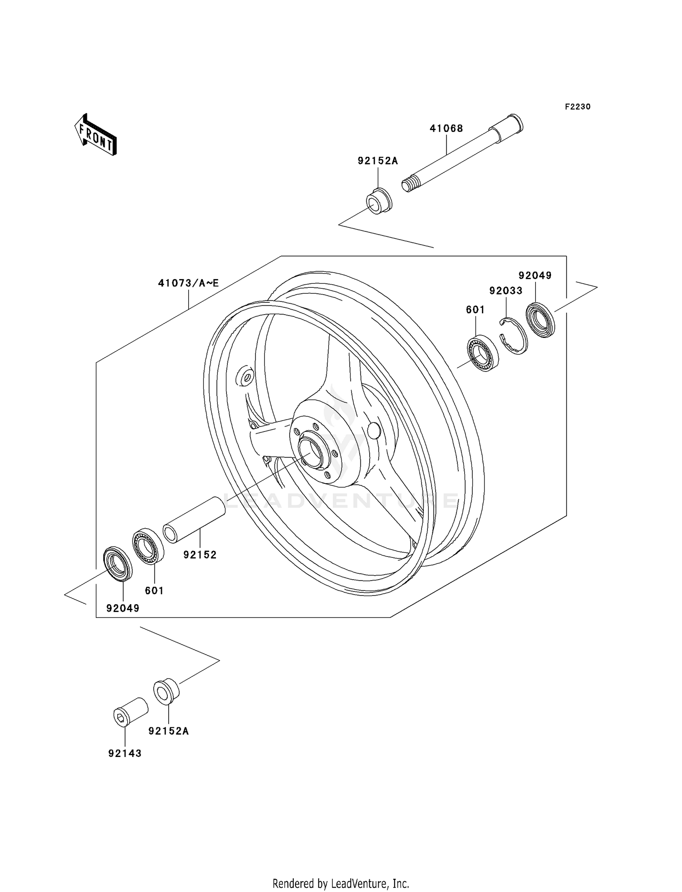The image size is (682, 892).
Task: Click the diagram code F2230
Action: point(577,107)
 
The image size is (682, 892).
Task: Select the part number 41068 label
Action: point(446,129)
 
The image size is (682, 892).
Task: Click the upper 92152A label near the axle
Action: point(377,161)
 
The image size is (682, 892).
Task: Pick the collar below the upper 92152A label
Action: point(379,201)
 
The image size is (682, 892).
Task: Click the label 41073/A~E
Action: point(188,283)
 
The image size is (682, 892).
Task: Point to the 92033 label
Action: point(506,291)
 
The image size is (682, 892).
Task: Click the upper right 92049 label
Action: point(535,276)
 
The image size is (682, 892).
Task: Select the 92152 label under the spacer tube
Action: point(200,555)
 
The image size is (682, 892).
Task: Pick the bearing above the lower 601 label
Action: point(148,546)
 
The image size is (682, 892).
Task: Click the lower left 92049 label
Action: point(123,608)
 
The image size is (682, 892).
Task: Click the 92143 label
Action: point(125,753)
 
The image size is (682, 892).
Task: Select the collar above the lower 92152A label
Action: point(166,692)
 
